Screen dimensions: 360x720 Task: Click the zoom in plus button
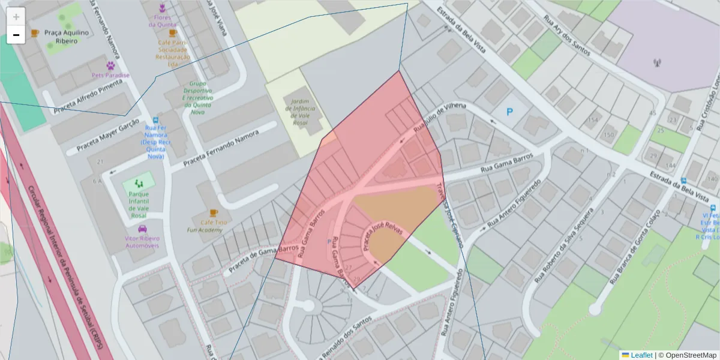pos(16,17)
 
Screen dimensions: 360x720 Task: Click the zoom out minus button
pos(16,35)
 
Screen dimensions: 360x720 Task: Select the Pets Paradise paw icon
pos(111,65)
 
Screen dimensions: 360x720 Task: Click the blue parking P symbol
pos(510,111)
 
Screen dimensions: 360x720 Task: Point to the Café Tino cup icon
pos(214,212)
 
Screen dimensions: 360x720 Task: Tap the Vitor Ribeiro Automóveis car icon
pos(142,229)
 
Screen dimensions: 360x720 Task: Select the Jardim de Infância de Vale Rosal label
pos(299,112)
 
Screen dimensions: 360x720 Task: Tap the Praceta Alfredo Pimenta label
pos(88,97)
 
